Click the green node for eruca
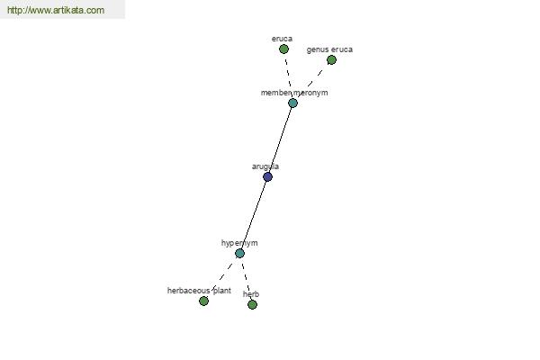point(283,49)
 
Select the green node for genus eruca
point(331,60)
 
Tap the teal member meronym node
point(292,103)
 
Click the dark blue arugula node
point(267,176)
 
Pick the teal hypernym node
point(239,254)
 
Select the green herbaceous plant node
point(204,301)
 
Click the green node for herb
point(252,304)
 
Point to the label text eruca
point(282,39)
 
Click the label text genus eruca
point(329,49)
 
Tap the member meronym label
point(294,93)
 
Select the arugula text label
point(265,166)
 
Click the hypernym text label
point(239,243)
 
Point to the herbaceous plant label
point(199,291)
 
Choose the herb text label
point(251,294)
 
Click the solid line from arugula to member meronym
point(280,139)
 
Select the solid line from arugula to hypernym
point(254,215)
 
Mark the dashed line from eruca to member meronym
point(288,71)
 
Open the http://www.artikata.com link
point(56,10)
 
